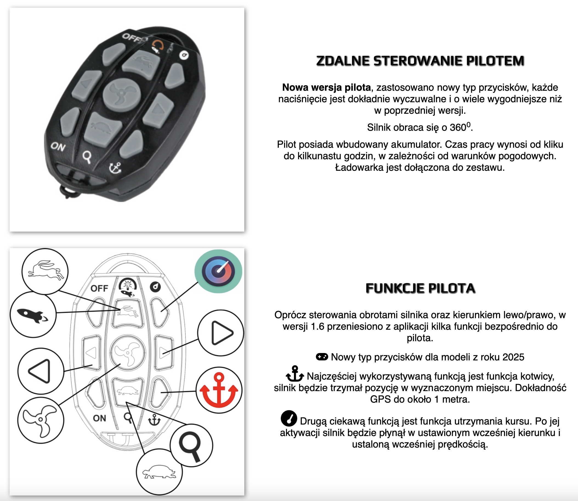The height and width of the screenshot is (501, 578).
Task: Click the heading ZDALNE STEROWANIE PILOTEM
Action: (x=420, y=61)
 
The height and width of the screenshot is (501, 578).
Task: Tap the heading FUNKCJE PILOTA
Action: (x=420, y=288)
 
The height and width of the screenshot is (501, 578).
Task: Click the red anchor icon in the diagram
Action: (x=219, y=390)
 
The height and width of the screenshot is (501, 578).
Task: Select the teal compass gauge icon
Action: (x=218, y=271)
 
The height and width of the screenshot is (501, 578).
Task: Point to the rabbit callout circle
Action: (x=45, y=271)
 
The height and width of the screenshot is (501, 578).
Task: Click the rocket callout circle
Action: (x=33, y=315)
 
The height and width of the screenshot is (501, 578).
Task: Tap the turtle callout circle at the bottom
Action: (x=159, y=472)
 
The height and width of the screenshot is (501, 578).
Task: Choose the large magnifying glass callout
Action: (x=191, y=445)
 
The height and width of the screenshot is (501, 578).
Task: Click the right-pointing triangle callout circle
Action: (x=221, y=333)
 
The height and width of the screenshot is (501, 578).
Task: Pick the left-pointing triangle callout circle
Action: (x=41, y=371)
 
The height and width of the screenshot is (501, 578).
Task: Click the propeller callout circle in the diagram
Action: (x=41, y=420)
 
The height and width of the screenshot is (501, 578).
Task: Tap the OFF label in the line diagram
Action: (x=99, y=288)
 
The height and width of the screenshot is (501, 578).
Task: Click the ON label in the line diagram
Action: (x=100, y=418)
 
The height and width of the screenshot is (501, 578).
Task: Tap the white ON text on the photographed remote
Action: (x=58, y=147)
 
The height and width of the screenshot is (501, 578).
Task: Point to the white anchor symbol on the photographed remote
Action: (x=115, y=168)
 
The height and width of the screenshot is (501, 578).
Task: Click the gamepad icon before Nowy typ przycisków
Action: (x=322, y=357)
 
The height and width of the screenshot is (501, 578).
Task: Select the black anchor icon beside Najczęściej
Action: (x=295, y=374)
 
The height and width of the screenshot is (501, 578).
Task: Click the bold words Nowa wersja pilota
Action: (x=326, y=87)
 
